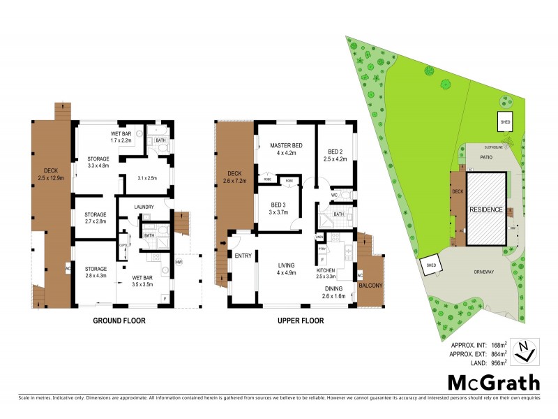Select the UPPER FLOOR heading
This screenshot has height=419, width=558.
(295, 322)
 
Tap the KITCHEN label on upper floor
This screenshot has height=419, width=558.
(326, 269)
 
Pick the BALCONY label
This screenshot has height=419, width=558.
(370, 284)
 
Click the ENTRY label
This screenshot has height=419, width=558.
(243, 256)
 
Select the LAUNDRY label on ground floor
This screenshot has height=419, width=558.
(144, 207)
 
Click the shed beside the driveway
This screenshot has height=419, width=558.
(430, 265)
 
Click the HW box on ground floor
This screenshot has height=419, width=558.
(179, 262)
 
